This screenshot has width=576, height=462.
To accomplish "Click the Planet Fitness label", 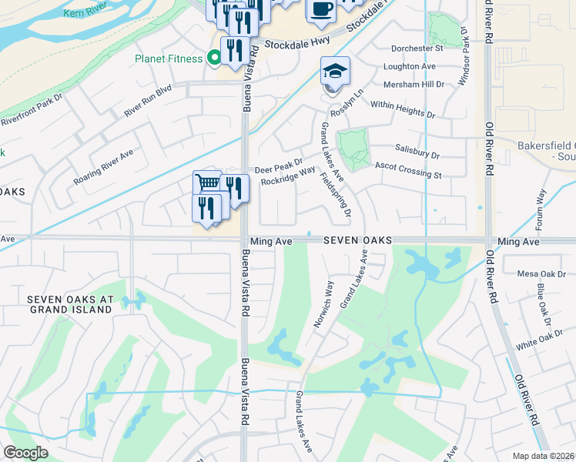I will tap(169, 59).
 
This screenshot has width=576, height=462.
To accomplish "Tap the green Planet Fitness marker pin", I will tap(214, 57).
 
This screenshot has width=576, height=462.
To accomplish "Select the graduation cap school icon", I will tap(335, 72).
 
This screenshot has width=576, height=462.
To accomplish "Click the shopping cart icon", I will tap(206, 183).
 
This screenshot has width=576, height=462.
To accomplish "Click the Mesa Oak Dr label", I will tap(541, 273).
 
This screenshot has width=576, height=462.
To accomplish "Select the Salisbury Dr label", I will tap(417, 152).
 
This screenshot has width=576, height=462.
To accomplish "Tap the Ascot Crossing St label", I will tap(408, 169).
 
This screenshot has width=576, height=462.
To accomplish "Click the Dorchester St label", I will tap(418, 48).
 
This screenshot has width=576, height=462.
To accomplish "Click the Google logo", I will tap(25, 453).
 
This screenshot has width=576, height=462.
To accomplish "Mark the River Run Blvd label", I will tap(148, 102).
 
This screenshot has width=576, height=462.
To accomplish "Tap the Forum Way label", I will tap(540, 210).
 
